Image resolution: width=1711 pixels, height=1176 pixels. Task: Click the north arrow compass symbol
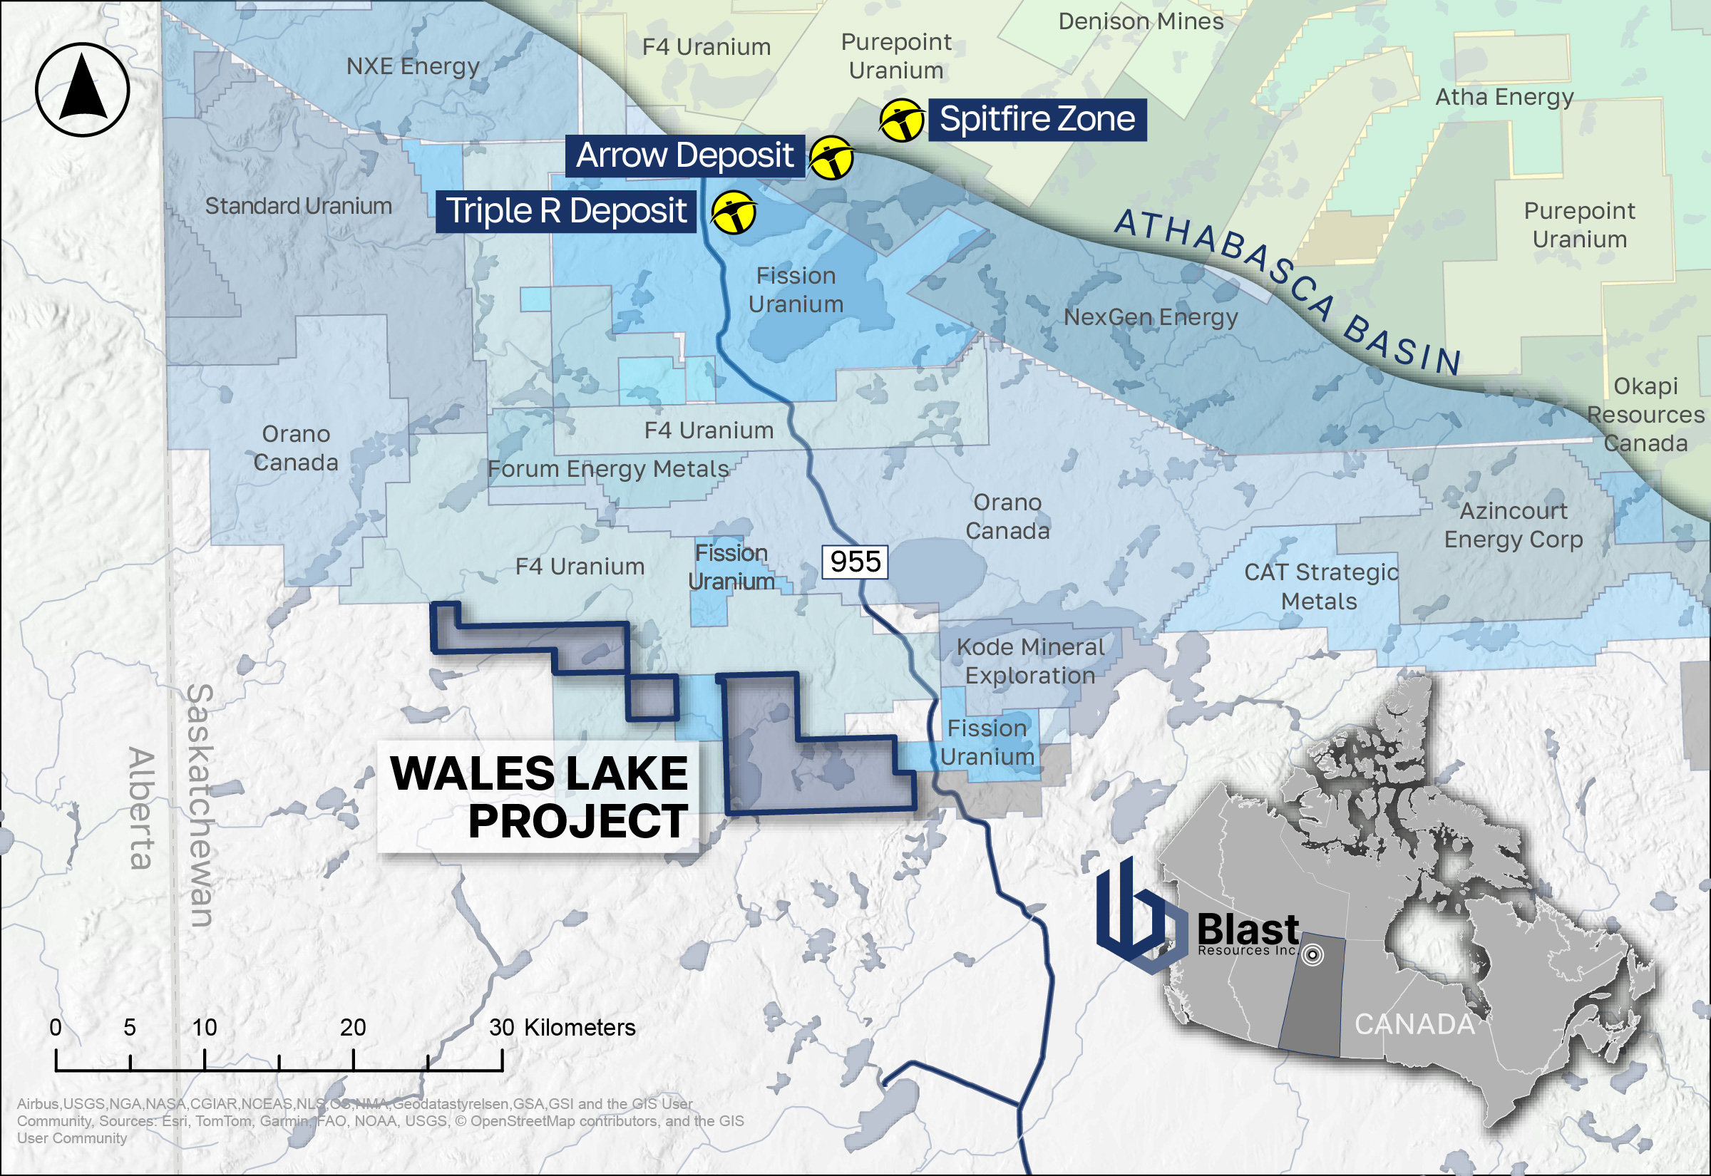[x=83, y=90]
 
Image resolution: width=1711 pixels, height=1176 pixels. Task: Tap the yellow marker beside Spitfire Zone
[x=902, y=119]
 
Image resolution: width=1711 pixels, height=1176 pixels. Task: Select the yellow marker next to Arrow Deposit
[x=831, y=158]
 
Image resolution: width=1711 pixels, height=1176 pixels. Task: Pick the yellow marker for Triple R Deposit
[x=733, y=212]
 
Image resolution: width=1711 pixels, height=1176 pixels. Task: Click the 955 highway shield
[x=855, y=562]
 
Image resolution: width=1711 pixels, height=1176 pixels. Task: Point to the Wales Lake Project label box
[x=539, y=798]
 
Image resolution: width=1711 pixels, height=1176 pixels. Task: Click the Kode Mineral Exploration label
[x=1030, y=661]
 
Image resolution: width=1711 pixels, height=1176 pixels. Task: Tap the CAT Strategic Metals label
[x=1320, y=587]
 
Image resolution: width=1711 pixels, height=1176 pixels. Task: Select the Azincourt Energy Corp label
[x=1514, y=525]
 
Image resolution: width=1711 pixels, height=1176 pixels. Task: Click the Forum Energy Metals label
[x=609, y=469]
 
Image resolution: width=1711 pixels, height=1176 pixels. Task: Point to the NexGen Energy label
[x=1150, y=317]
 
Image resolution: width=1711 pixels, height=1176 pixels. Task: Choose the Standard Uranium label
[x=299, y=205]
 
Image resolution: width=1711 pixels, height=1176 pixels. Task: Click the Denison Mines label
[x=1141, y=21]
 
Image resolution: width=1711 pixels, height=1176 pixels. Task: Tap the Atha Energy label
[x=1504, y=96]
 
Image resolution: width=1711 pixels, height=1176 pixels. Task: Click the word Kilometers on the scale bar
[x=579, y=1027]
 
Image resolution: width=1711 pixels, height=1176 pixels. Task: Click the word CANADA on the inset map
[x=1414, y=1024]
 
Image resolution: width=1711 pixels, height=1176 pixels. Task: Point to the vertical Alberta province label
[x=140, y=808]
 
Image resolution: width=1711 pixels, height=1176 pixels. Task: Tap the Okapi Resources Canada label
[x=1645, y=415]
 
